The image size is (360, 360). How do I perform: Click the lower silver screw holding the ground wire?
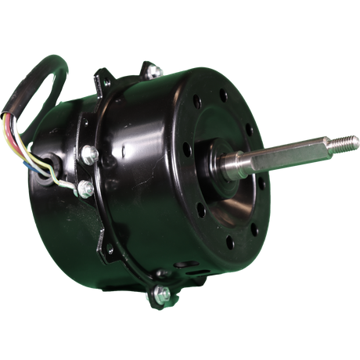85,188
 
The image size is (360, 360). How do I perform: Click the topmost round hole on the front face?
222,97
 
